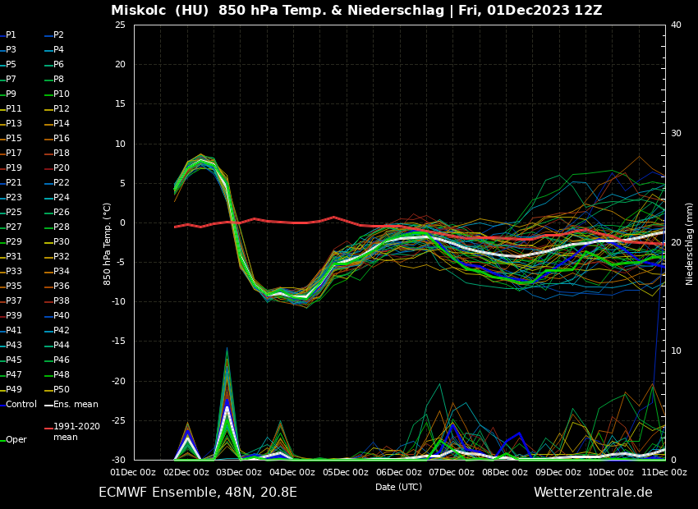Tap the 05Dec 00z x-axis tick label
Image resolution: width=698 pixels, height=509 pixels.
[345, 472]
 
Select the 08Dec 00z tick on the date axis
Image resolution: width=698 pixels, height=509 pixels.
[504, 472]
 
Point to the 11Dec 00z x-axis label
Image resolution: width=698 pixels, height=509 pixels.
[664, 472]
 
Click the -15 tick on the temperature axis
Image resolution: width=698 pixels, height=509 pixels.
[119, 342]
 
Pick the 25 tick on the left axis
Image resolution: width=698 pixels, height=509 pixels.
[121, 25]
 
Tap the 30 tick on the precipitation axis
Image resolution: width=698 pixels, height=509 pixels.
[676, 134]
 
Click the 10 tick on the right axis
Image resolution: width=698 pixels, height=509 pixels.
[676, 351]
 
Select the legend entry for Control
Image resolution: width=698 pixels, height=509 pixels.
[21, 404]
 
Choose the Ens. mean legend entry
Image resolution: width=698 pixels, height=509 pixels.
[74, 404]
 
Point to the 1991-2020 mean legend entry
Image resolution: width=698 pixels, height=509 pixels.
[76, 432]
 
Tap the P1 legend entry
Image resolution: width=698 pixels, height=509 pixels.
[11, 35]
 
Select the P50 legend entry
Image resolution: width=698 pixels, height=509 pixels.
[62, 389]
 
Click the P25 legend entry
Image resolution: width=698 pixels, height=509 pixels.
[14, 213]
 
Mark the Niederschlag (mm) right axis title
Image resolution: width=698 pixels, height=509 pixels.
[690, 244]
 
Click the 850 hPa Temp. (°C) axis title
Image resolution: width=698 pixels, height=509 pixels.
[108, 244]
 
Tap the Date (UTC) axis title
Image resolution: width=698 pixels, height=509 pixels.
[398, 487]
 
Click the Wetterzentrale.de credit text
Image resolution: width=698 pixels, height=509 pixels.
[593, 493]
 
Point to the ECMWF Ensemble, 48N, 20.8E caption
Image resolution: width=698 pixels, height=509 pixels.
[198, 493]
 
